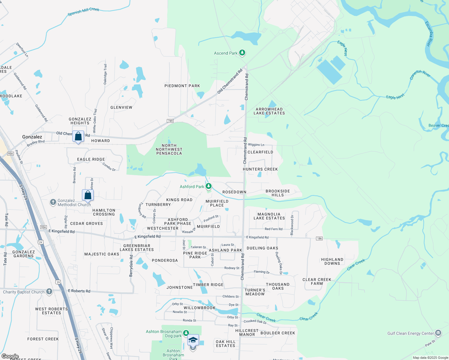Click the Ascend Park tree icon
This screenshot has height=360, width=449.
(242, 53)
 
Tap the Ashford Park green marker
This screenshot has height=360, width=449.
(209, 186)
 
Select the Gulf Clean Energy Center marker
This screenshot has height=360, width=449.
(438, 333)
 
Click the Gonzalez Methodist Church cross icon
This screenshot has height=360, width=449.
(53, 202)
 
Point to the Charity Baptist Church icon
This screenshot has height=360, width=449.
(49, 292)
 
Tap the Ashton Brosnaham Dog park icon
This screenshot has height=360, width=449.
(186, 333)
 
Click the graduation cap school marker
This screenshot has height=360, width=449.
(193, 340)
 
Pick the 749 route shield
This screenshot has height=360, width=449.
(170, 121)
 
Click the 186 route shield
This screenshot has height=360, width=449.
(319, 238)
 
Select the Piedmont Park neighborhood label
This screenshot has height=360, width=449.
(182, 86)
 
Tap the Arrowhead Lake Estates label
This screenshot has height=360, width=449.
(269, 111)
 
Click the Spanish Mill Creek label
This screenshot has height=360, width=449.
(83, 11)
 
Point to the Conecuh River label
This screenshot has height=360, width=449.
(420, 74)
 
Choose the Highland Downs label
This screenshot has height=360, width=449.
(332, 261)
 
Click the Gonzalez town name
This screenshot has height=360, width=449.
(32, 137)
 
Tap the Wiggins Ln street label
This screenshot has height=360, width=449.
(256, 145)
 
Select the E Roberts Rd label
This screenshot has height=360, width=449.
(79, 291)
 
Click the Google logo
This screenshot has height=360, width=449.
(10, 356)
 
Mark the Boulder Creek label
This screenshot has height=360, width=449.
(278, 333)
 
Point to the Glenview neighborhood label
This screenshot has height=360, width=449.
(121, 107)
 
